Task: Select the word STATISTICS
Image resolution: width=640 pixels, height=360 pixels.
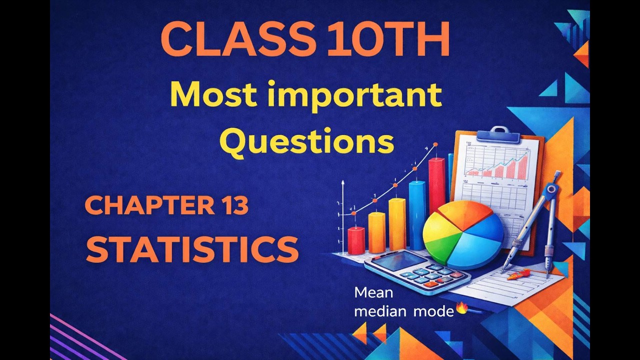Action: (192, 249)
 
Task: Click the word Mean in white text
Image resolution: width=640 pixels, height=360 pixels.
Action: (373, 292)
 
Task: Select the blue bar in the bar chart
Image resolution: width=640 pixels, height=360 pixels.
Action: (417, 215)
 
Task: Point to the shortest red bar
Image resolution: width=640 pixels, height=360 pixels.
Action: (356, 240)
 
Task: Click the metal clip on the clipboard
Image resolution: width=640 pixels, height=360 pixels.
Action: (492, 133)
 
